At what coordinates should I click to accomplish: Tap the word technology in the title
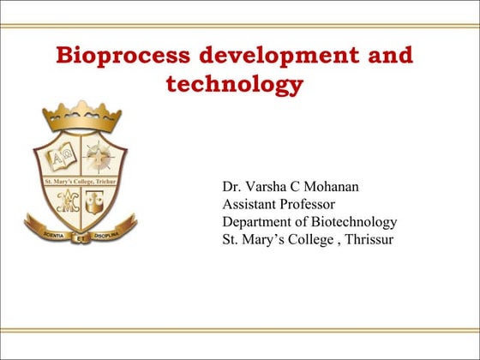point(232,85)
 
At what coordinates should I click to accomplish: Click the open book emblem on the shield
point(59,158)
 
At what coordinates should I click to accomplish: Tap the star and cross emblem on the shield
point(99,157)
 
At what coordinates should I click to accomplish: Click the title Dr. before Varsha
point(231,186)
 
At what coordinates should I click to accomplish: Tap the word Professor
point(312,204)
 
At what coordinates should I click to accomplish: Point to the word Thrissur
point(369,240)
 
